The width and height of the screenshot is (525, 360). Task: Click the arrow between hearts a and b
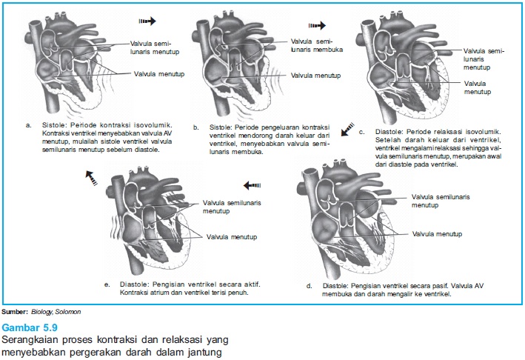point(148,22)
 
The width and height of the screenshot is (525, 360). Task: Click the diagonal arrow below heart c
point(347,130)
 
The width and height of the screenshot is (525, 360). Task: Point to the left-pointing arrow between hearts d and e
point(253,185)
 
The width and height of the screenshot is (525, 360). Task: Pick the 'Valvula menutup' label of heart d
point(438,234)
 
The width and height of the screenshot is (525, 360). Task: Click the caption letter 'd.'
point(309,285)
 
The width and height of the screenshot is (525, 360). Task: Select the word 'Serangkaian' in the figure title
point(25,339)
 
